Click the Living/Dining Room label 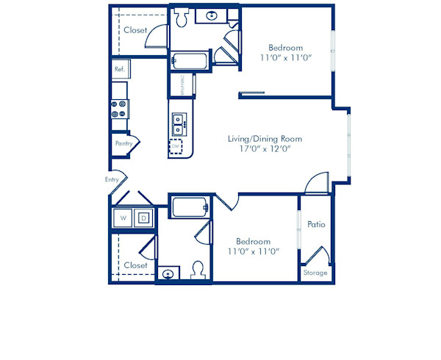(265, 138)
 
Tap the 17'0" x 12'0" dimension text (265, 149)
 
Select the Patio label (316, 224)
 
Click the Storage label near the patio (316, 273)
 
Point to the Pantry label (123, 143)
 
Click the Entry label (112, 179)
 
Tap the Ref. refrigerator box (120, 69)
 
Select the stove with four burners (119, 109)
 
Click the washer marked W (123, 217)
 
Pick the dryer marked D (143, 217)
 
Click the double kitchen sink (178, 125)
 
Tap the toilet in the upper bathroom (182, 18)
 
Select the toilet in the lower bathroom (197, 270)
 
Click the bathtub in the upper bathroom (190, 62)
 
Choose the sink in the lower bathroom (169, 274)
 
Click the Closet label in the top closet (135, 30)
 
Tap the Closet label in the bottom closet (135, 264)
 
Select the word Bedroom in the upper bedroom (285, 48)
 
